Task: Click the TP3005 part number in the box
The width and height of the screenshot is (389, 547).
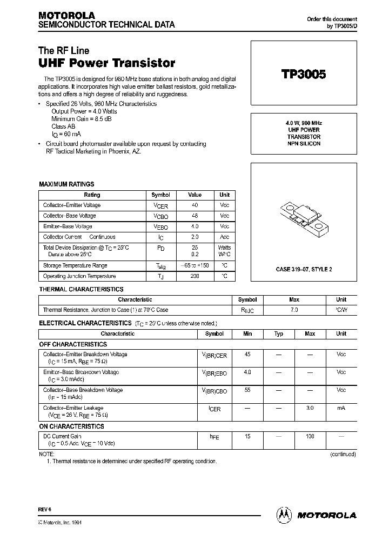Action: click(x=303, y=75)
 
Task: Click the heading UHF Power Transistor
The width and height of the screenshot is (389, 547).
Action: click(x=106, y=63)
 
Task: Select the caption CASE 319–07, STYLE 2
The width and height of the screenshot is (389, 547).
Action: click(x=304, y=269)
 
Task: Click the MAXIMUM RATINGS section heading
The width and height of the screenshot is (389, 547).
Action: click(x=66, y=184)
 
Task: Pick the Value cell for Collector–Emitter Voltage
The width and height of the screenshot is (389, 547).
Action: click(x=194, y=205)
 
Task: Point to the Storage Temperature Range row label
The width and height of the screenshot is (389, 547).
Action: click(x=75, y=265)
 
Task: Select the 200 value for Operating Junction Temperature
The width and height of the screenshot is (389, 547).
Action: click(x=194, y=276)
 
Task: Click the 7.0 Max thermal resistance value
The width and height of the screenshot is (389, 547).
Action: click(x=294, y=310)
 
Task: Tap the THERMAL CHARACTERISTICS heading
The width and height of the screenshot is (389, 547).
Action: click(x=81, y=289)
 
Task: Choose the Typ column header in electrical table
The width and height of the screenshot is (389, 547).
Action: click(x=279, y=334)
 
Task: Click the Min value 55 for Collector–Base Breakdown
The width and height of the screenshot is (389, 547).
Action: click(x=247, y=390)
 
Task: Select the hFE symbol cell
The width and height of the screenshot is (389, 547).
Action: click(x=214, y=437)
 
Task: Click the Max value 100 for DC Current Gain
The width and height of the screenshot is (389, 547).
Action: click(x=310, y=436)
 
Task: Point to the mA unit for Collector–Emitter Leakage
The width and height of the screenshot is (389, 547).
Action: click(x=341, y=409)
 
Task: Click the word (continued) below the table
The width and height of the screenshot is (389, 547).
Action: click(x=343, y=455)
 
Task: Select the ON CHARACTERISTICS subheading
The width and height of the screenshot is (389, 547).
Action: click(x=72, y=426)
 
